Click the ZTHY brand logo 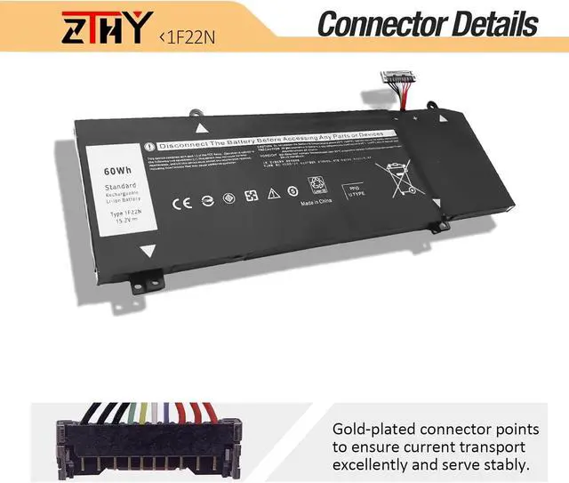pos(108,29)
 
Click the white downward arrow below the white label pos(148,251)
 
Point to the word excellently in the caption pos(378,463)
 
